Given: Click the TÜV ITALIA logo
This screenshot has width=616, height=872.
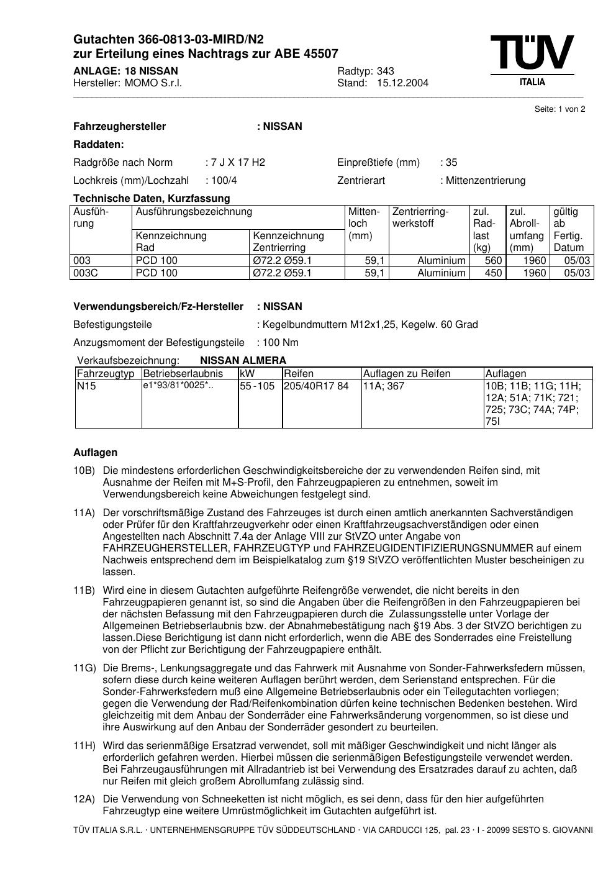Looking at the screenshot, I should tap(532, 60).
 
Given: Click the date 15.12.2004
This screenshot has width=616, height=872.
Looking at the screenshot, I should tap(402, 83).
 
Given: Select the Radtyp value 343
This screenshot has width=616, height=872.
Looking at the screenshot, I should tap(385, 71).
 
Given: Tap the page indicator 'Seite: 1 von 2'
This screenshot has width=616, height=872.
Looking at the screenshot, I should tap(559, 109).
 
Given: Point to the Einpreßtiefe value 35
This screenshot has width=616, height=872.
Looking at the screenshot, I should tap(451, 163).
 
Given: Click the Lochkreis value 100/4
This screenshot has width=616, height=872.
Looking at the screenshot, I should tap(224, 181).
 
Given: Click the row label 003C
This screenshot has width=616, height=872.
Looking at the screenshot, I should tap(85, 273).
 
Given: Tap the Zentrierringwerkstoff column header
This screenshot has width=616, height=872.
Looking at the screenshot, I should tap(420, 217).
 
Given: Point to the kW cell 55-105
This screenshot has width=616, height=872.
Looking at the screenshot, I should tap(257, 386).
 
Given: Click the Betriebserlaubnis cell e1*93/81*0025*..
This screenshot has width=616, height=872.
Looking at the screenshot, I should tap(178, 386).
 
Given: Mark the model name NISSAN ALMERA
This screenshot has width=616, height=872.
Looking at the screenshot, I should tap(243, 361).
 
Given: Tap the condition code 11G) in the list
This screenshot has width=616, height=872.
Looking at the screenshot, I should tap(84, 668).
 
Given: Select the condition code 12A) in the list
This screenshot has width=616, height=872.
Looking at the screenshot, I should tap(84, 799).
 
